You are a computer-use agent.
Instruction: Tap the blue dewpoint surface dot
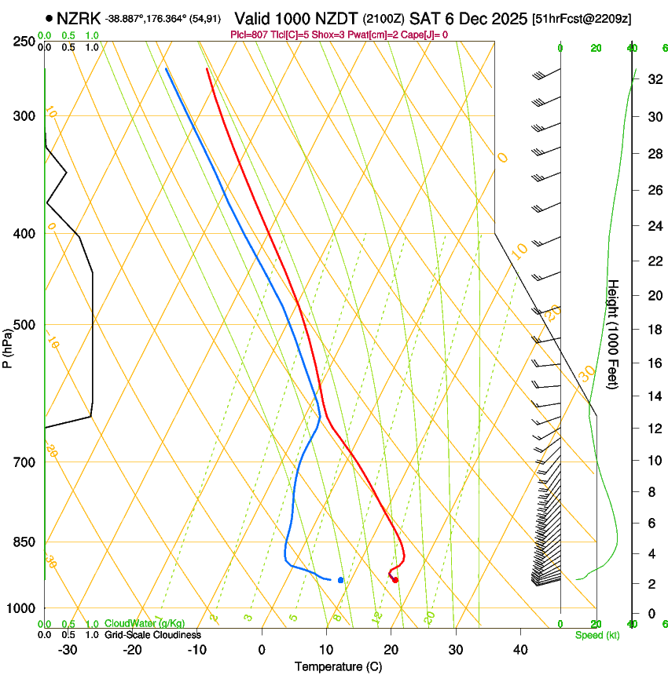(340, 580)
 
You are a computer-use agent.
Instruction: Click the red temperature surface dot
(395, 580)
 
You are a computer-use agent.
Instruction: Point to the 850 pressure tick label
(24, 542)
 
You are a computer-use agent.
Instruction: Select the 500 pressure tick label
(24, 325)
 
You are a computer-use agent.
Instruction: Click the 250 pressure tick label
(24, 42)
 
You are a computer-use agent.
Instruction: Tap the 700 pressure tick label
(24, 462)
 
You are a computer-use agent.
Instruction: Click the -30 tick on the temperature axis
(68, 650)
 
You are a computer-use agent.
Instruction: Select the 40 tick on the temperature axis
(519, 650)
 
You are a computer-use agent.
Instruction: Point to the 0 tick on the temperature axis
(262, 650)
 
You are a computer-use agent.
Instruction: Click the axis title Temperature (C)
(338, 666)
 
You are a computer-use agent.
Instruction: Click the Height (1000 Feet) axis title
(614, 334)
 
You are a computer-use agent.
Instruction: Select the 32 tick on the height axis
(652, 78)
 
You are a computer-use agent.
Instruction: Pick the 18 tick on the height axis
(652, 329)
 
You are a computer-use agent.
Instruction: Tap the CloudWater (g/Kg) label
(145, 624)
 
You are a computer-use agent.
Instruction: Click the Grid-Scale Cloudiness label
(152, 635)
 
